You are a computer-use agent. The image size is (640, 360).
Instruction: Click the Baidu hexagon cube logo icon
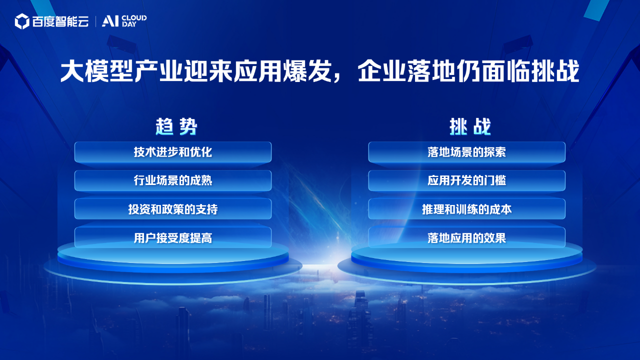22,21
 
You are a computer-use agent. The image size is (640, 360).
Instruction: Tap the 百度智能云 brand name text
60,21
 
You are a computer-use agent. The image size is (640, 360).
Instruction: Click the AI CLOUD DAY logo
124,21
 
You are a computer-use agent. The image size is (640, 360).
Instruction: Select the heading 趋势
176,126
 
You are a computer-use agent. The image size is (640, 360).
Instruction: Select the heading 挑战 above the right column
470,126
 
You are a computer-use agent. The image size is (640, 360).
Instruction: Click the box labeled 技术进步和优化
173,152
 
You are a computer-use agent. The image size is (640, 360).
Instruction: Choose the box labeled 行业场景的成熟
173,180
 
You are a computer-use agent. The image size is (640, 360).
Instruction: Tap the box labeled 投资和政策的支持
173,209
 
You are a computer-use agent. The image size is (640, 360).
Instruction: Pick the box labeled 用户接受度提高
173,237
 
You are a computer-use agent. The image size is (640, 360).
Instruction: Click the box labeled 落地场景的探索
467,152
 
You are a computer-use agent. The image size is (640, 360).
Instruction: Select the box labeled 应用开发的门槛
467,180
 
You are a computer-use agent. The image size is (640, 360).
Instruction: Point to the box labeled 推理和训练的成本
467,209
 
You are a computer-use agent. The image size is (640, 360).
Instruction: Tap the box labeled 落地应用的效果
467,237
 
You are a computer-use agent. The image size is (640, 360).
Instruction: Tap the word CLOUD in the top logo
134,18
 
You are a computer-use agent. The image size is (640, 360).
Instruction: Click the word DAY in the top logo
129,24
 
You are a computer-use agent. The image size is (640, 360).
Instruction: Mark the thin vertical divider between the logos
95,21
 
